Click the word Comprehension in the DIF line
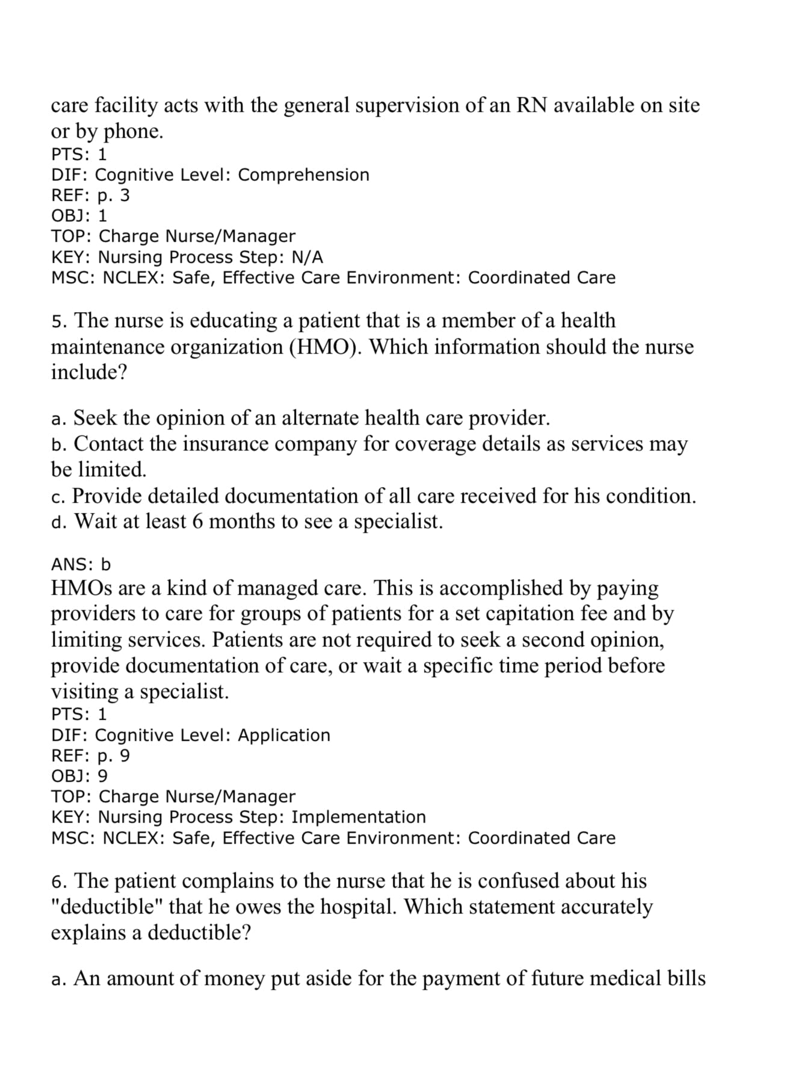click(x=303, y=175)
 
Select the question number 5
click(x=58, y=321)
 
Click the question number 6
click(x=58, y=882)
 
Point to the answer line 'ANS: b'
click(x=81, y=564)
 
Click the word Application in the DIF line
click(x=284, y=735)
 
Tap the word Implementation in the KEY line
click(x=359, y=817)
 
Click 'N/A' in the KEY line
click(x=307, y=257)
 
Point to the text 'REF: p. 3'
click(x=90, y=195)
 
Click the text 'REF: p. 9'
click(x=90, y=756)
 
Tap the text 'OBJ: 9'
click(x=79, y=776)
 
